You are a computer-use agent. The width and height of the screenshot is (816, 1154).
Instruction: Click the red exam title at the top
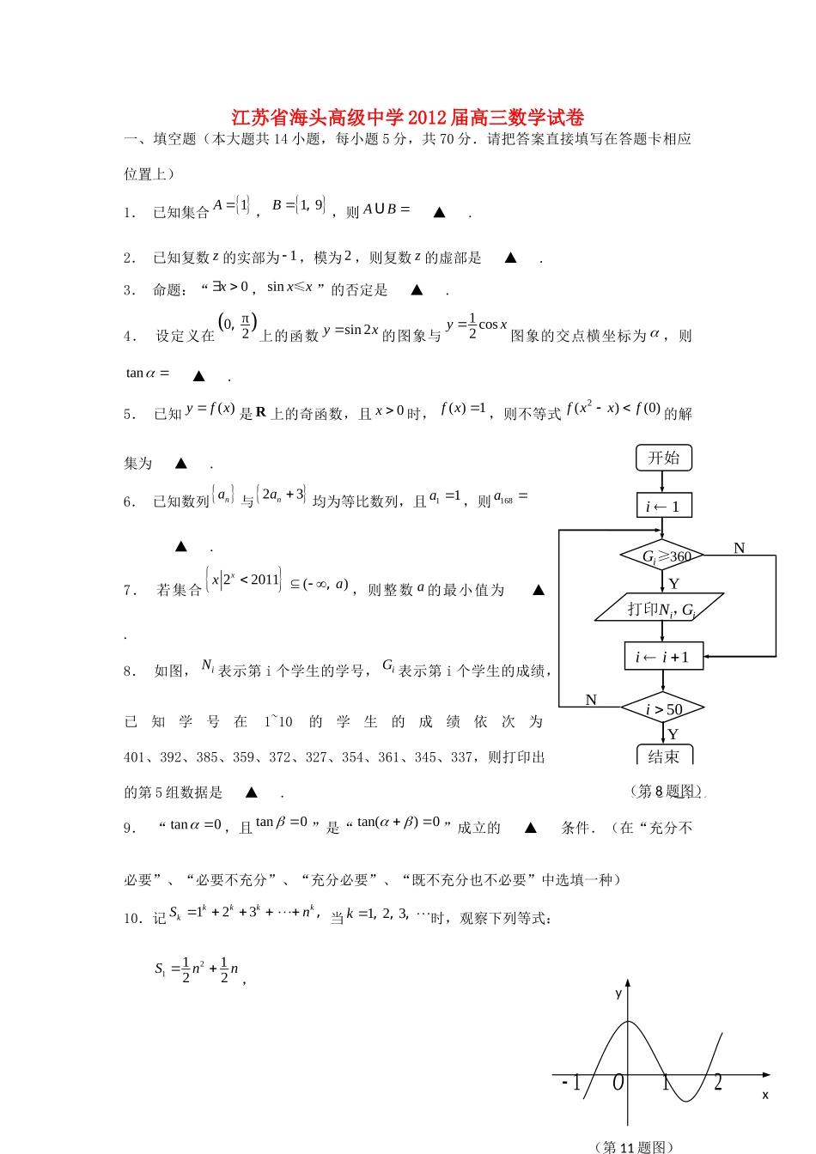click(x=407, y=118)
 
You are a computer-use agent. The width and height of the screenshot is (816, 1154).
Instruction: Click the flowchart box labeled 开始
click(x=663, y=458)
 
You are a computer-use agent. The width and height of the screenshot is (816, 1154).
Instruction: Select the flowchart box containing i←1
click(x=663, y=507)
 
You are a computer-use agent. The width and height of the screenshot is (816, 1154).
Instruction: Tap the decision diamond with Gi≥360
click(x=662, y=556)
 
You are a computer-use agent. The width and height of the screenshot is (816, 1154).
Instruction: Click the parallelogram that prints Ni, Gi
click(x=660, y=609)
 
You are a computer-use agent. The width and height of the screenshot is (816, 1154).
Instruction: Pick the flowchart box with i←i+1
click(x=663, y=657)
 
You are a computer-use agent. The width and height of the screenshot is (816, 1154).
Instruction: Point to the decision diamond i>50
click(x=663, y=708)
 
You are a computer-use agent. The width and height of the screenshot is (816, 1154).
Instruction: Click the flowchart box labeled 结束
click(x=664, y=756)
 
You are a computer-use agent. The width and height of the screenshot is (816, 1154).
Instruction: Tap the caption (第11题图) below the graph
click(x=633, y=1146)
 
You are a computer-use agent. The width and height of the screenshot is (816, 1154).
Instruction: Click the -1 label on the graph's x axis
click(x=571, y=1084)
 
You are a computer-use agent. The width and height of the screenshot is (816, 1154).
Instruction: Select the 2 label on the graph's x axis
click(x=718, y=1083)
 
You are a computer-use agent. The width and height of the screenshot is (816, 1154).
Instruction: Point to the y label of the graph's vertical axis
click(x=618, y=993)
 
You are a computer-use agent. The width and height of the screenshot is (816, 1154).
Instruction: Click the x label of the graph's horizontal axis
click(x=764, y=1095)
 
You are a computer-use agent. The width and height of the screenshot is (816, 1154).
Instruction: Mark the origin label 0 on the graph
click(x=618, y=1084)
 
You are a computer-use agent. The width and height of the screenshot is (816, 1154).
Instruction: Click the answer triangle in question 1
click(x=439, y=212)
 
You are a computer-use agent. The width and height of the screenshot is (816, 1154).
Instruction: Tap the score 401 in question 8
click(x=134, y=757)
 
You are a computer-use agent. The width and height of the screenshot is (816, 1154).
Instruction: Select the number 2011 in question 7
click(x=265, y=580)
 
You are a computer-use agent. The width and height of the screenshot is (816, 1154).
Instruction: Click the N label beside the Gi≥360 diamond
click(x=739, y=548)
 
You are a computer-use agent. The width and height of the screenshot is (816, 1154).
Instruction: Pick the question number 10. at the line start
click(x=133, y=919)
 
